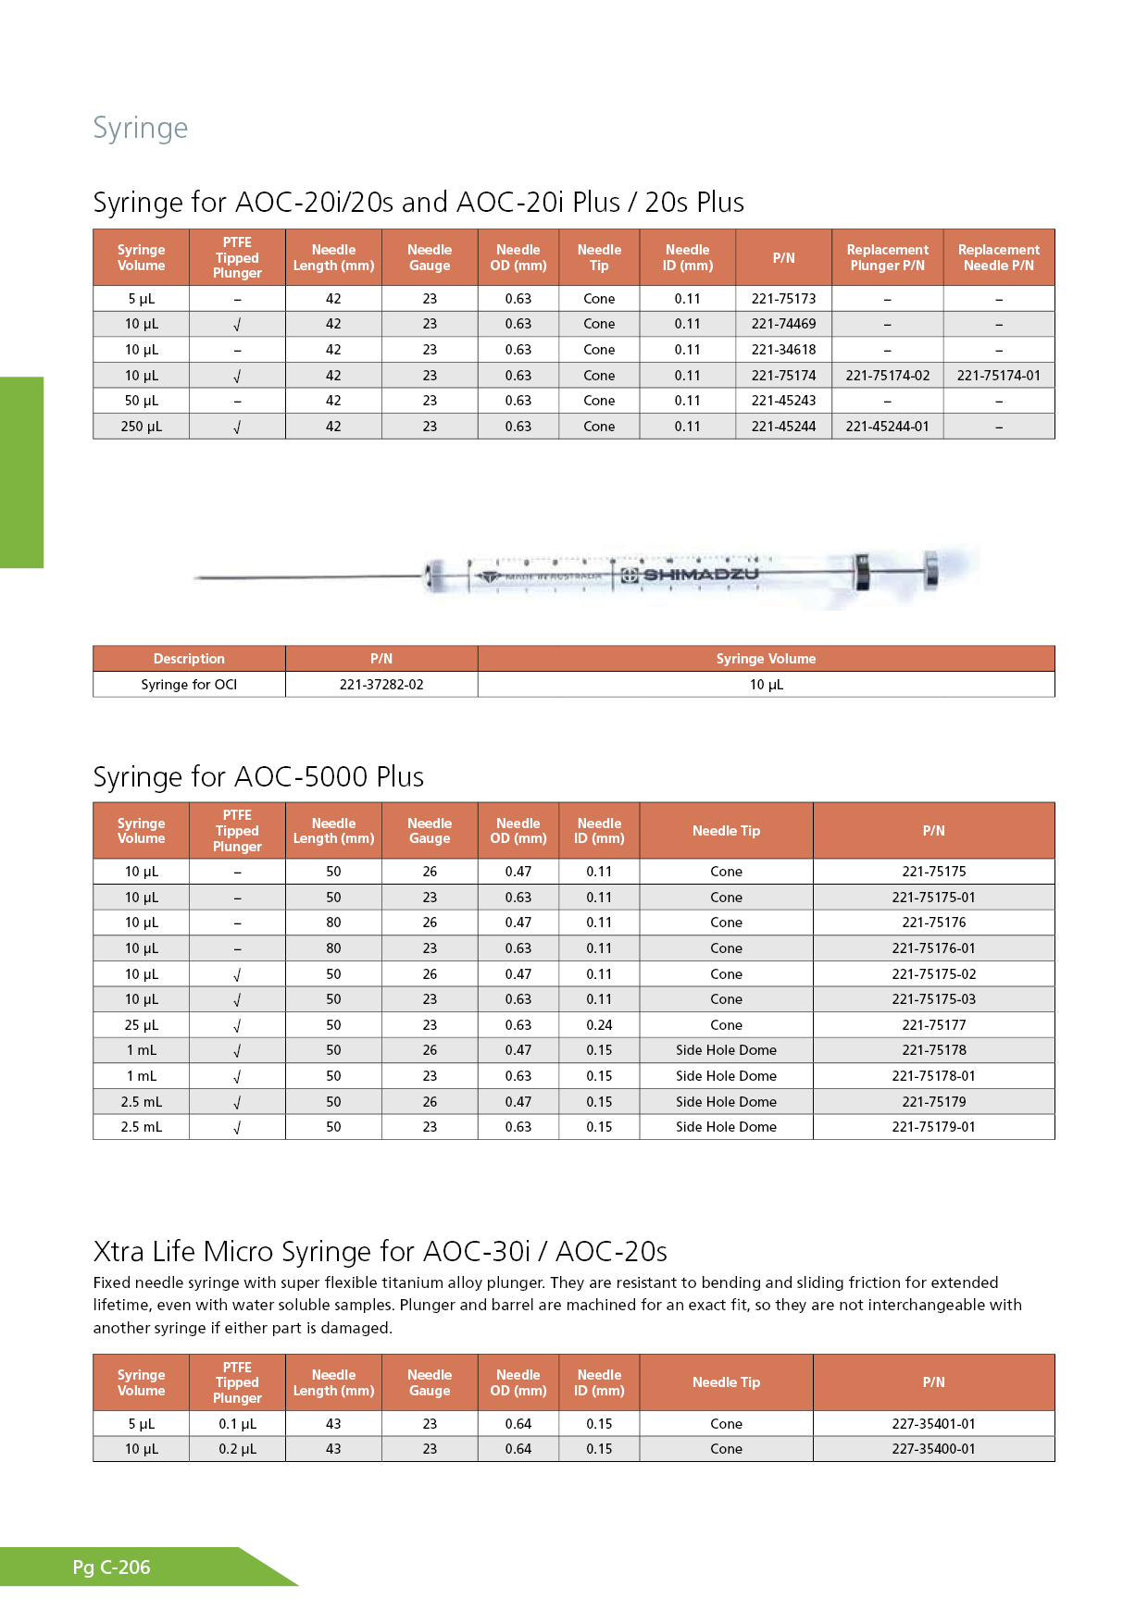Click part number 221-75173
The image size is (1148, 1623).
pyautogui.click(x=783, y=299)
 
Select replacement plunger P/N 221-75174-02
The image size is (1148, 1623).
pyautogui.click(x=887, y=376)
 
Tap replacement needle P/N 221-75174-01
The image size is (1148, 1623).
pyautogui.click(x=998, y=376)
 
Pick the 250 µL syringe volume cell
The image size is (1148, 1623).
pyautogui.click(x=141, y=427)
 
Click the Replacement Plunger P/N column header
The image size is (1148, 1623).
pyautogui.click(x=887, y=257)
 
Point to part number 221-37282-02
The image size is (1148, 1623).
pyautogui.click(x=381, y=685)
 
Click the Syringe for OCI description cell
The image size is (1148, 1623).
pyautogui.click(x=189, y=685)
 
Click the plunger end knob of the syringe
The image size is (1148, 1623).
pyautogui.click(x=930, y=569)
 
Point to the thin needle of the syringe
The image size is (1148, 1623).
pyautogui.click(x=306, y=577)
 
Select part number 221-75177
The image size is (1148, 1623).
pyautogui.click(x=933, y=1025)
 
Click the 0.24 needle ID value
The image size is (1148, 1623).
pyautogui.click(x=599, y=1025)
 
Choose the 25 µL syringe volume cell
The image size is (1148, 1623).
pyautogui.click(x=141, y=1025)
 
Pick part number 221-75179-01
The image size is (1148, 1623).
pyautogui.click(x=933, y=1127)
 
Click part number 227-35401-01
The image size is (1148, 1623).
pyautogui.click(x=933, y=1424)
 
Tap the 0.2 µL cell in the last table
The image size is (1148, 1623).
pyautogui.click(x=237, y=1449)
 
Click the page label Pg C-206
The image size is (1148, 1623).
pyautogui.click(x=111, y=1567)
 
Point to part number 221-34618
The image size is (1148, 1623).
pyautogui.click(x=783, y=350)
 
